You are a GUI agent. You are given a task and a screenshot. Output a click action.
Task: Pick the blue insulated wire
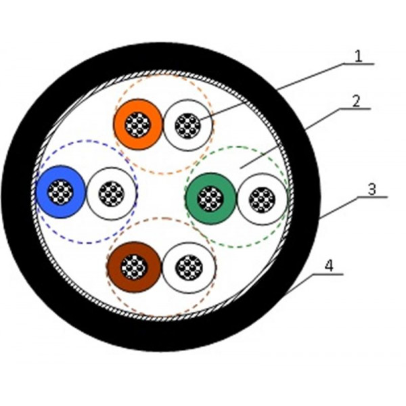coord(46,193)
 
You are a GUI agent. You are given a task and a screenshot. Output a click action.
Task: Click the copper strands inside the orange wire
coord(139,125)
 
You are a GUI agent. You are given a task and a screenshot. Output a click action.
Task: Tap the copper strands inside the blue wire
coord(62,193)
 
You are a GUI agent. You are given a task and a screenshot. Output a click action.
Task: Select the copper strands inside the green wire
coord(211,198)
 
